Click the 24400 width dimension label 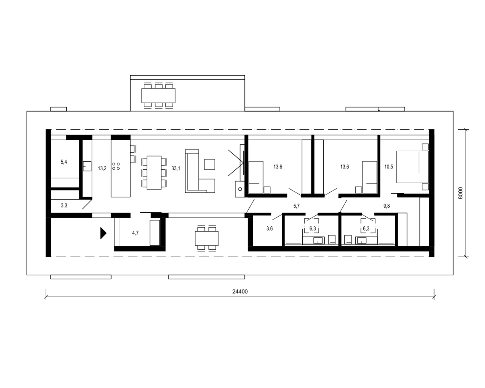pos(240,292)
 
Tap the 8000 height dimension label pos(460,193)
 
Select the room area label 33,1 pos(176,168)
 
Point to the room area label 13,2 pos(102,168)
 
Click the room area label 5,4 pos(64,162)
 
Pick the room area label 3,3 pos(64,205)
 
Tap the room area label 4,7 pos(135,233)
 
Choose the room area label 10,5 pos(389,167)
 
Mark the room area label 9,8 pos(386,206)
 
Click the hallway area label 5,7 pos(296,206)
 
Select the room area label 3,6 pos(270,228)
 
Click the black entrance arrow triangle pos(103,233)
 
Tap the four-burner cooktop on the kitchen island pos(116,166)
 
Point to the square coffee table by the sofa pos(210,164)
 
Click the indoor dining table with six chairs pos(154,173)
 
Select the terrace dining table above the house pos(158,96)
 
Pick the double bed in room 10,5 pos(413,167)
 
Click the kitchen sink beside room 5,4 pos(87,166)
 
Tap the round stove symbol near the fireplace pos(240,189)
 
